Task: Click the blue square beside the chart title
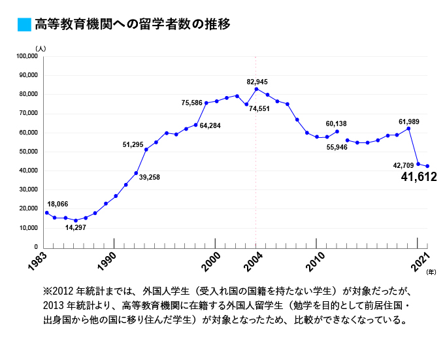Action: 24,25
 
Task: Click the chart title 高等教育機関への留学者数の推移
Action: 133,25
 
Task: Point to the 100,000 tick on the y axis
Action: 27,56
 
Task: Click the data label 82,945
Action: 257,82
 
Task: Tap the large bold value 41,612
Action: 418,176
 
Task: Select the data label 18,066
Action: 58,205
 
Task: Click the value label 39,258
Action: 150,177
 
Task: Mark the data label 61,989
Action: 409,122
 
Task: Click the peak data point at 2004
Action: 256,89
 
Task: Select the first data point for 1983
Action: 46,212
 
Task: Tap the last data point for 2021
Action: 427,166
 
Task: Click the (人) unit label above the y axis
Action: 41,48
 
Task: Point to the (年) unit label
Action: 431,270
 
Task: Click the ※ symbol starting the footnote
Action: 47,289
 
